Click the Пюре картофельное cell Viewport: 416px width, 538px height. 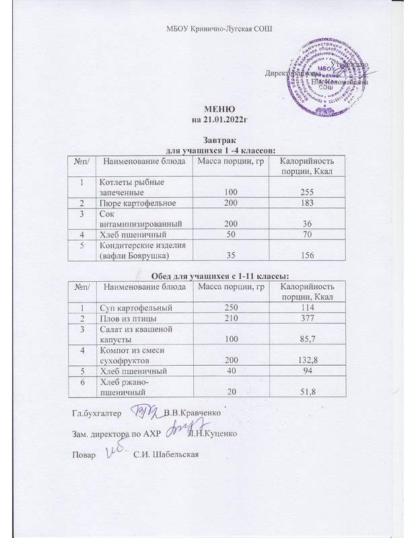pos(138,203)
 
